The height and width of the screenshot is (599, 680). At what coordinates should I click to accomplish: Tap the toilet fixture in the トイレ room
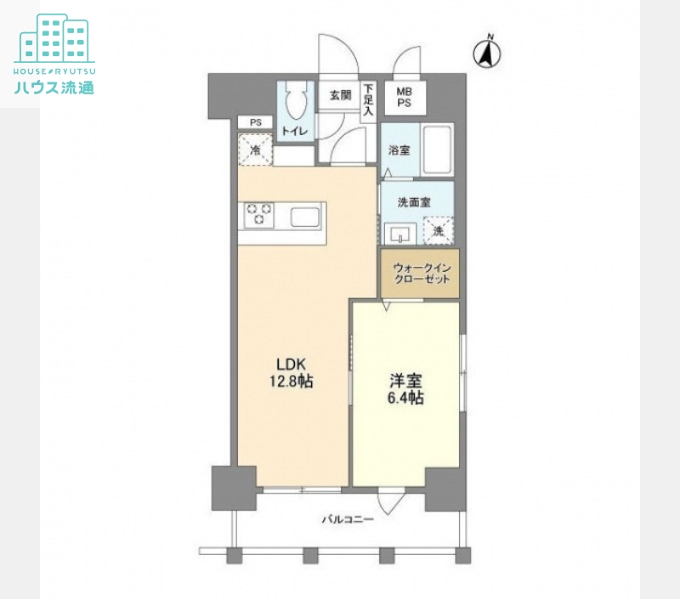pyautogui.click(x=297, y=99)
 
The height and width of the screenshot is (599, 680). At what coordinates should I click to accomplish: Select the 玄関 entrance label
pyautogui.click(x=341, y=94)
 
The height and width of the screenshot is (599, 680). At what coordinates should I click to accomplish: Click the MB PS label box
pyautogui.click(x=405, y=98)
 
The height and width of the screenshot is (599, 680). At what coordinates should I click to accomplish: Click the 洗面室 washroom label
pyautogui.click(x=414, y=202)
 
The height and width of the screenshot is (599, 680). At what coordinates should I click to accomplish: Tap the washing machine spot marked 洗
pyautogui.click(x=439, y=230)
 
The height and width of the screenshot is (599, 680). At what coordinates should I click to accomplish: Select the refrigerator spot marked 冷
pyautogui.click(x=256, y=150)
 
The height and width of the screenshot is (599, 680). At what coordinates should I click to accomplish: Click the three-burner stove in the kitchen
pyautogui.click(x=259, y=215)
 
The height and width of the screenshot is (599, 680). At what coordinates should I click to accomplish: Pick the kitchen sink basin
pyautogui.click(x=305, y=217)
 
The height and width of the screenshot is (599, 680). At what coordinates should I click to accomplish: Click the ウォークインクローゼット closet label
pyautogui.click(x=421, y=274)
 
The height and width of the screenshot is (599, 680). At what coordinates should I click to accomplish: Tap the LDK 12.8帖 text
pyautogui.click(x=291, y=372)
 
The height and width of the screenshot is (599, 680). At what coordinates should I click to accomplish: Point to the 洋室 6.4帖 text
pyautogui.click(x=405, y=389)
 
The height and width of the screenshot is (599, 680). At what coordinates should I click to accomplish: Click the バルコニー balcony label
pyautogui.click(x=348, y=519)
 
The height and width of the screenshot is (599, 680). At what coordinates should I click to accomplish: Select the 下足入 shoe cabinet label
pyautogui.click(x=368, y=99)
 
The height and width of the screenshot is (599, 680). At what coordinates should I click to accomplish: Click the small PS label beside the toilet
pyautogui.click(x=256, y=122)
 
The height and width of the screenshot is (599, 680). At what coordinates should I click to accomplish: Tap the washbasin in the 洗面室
pyautogui.click(x=399, y=234)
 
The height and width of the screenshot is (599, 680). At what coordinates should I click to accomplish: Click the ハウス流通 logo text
pyautogui.click(x=54, y=88)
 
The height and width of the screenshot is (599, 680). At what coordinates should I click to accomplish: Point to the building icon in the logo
pyautogui.click(x=54, y=38)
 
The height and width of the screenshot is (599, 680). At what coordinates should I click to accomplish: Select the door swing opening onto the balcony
pyautogui.click(x=391, y=501)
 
